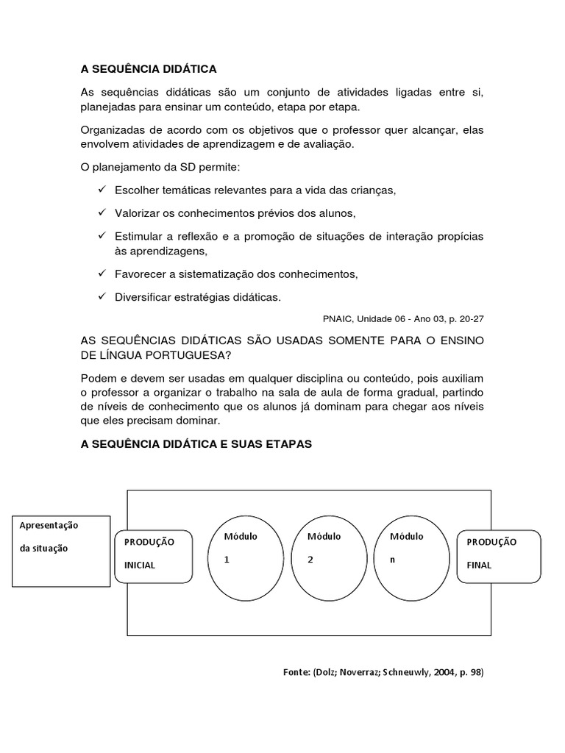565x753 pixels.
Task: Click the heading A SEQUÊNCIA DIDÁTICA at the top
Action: click(x=149, y=68)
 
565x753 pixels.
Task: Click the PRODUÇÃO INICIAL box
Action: click(x=154, y=554)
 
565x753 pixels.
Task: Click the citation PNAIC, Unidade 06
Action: click(x=403, y=319)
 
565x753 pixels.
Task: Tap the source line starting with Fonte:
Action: click(x=383, y=672)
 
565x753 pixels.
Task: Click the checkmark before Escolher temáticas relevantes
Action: click(x=102, y=190)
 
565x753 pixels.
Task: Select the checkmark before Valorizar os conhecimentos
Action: click(x=102, y=213)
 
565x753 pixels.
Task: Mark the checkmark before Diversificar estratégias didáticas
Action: click(x=102, y=297)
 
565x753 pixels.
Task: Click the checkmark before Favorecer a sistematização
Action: click(x=102, y=274)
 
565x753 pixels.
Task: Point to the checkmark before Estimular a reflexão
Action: click(x=102, y=236)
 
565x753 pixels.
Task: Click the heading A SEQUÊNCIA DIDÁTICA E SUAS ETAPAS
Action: click(x=196, y=445)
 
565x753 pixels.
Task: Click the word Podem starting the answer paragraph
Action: click(x=96, y=378)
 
